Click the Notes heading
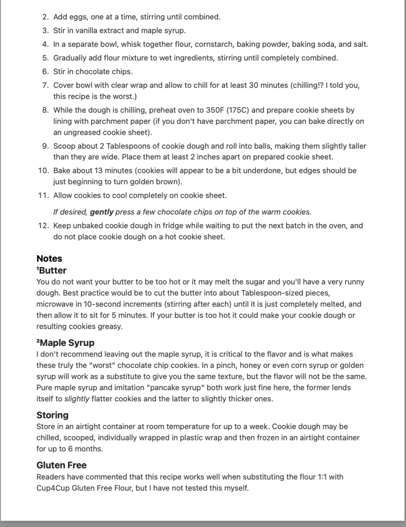(x=49, y=259)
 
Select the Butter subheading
(x=53, y=271)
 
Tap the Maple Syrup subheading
(x=67, y=343)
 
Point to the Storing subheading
(x=52, y=415)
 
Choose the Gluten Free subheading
(x=61, y=465)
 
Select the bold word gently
(x=101, y=212)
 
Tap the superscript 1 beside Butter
(x=38, y=269)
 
